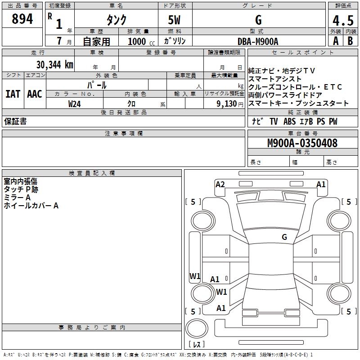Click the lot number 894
(22, 19)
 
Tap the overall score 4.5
(343, 21)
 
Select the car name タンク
(116, 20)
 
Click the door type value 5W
(175, 20)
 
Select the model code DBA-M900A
(258, 41)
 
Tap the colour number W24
(75, 103)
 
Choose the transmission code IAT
(13, 94)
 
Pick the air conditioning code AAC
(34, 94)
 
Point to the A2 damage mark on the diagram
(220, 184)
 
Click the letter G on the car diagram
(284, 237)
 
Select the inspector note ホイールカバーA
(31, 206)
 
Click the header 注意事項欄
(123, 134)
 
